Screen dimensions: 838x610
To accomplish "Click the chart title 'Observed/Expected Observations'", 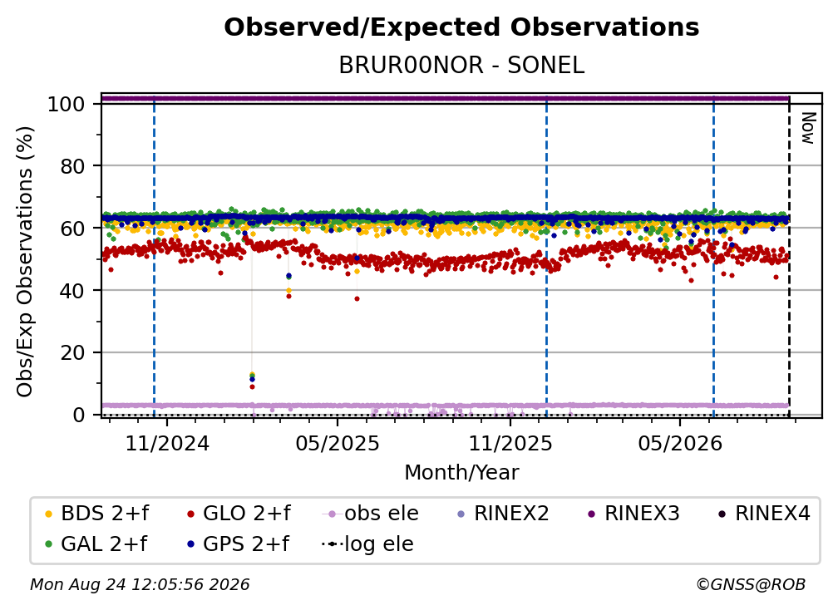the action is click(x=461, y=27).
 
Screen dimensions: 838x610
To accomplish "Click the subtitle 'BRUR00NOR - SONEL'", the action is click(x=461, y=65).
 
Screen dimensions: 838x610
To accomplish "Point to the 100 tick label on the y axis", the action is click(x=67, y=104).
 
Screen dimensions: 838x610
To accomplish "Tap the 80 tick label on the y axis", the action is click(x=72, y=166).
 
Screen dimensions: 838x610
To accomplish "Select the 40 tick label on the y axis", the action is click(x=72, y=291).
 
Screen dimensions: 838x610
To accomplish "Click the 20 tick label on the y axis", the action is click(x=72, y=352).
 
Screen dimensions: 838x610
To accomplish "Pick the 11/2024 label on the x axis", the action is click(x=167, y=443).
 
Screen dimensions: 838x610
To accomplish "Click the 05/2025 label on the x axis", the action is click(x=338, y=443).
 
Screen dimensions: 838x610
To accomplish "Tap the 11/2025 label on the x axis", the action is click(x=510, y=443).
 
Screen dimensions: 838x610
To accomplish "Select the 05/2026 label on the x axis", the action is click(x=680, y=443).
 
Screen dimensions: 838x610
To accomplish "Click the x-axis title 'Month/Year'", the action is click(x=461, y=473).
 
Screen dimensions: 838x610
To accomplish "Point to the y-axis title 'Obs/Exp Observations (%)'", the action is click(x=25, y=262).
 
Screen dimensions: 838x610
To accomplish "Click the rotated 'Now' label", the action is click(x=807, y=128).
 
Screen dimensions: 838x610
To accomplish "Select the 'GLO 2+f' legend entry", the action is click(x=239, y=514).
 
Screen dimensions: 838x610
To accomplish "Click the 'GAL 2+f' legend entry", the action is click(x=96, y=544).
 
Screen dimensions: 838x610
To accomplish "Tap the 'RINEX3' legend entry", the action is click(x=633, y=514).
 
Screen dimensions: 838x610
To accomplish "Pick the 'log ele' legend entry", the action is click(x=367, y=544).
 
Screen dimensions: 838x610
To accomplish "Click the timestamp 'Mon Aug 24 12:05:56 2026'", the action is click(x=140, y=584).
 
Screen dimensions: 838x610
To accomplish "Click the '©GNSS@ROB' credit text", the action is click(x=751, y=584).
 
